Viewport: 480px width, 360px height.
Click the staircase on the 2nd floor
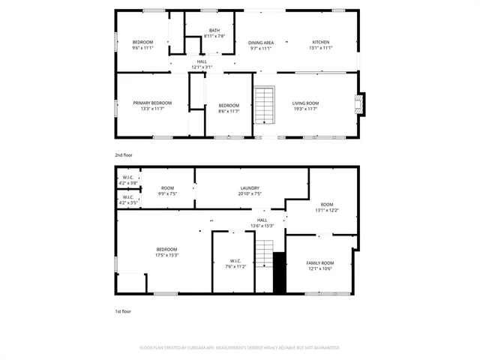[264, 106]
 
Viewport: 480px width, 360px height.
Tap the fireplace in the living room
[361, 103]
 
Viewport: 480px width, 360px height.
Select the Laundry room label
[250, 190]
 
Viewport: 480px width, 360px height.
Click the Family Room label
[320, 265]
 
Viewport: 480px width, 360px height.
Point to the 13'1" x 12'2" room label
[326, 207]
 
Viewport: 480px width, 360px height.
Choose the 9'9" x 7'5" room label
[167, 190]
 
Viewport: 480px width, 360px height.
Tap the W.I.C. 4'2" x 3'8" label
[127, 181]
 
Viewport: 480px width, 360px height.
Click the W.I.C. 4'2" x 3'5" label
[127, 200]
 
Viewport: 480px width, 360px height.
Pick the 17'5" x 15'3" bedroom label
[166, 252]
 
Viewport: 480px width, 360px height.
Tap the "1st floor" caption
[122, 310]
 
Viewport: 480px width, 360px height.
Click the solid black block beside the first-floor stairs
[279, 273]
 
